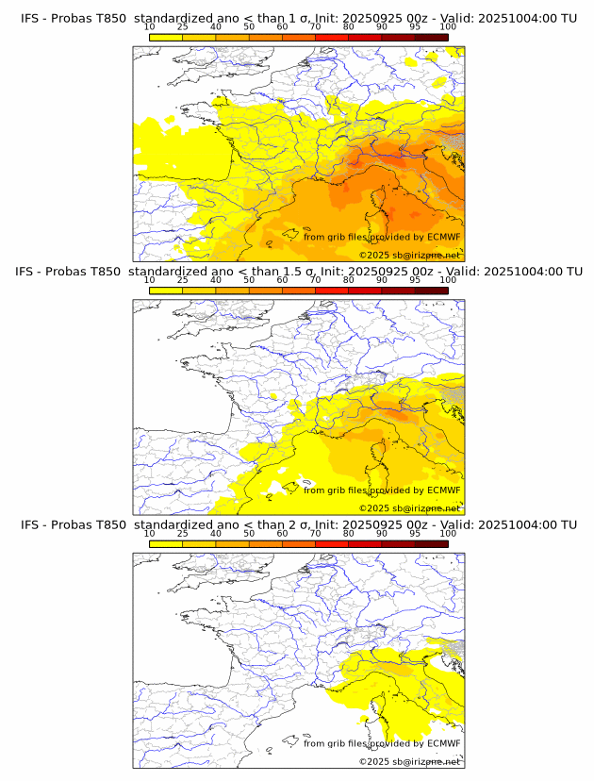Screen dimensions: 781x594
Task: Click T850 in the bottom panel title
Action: [110, 524]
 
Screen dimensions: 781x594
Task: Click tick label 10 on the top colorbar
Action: [150, 26]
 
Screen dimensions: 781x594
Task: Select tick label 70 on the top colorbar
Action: [316, 26]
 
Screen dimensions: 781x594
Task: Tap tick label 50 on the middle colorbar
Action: [249, 280]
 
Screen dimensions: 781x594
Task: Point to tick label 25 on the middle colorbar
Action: [183, 280]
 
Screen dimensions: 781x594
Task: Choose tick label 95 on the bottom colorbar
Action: [415, 533]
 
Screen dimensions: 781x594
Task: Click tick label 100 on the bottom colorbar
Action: [448, 533]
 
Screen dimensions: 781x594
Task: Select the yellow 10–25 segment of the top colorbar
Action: [166, 37]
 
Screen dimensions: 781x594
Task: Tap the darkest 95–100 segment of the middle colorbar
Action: [431, 291]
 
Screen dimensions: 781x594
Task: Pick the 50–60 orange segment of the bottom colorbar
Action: [265, 544]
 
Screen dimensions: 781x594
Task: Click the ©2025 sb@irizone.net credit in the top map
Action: [409, 256]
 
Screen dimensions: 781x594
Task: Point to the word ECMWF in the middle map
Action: [443, 490]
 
